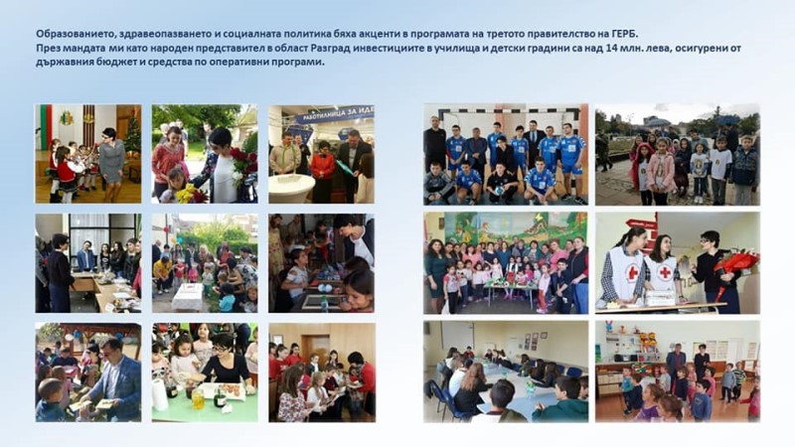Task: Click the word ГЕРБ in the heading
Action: coord(623,34)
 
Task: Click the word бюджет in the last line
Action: coord(103,63)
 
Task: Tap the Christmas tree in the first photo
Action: coord(133,135)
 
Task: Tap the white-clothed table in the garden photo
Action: coord(188,296)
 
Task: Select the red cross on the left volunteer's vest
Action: coord(633,273)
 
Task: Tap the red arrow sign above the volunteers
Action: coord(640,223)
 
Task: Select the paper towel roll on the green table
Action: coord(160,393)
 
